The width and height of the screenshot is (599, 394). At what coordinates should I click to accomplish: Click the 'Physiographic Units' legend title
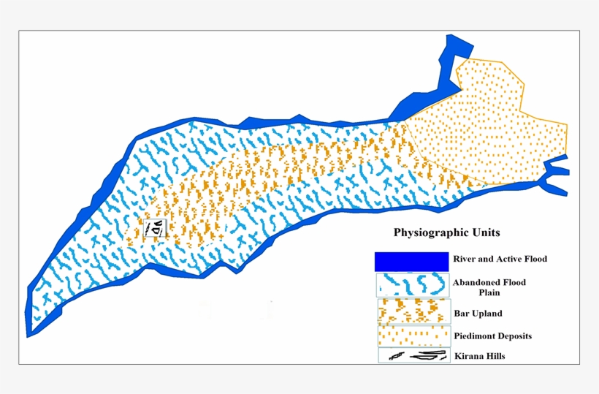coord(446,234)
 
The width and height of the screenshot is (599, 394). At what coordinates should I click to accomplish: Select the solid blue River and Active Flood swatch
coord(411,260)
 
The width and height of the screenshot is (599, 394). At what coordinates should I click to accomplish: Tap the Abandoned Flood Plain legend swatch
coord(411,284)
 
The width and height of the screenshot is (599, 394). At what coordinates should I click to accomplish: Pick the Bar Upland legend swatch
coord(414,311)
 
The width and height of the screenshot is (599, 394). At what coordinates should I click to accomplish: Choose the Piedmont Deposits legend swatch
coord(414,335)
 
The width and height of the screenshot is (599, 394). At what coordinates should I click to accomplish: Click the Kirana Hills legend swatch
coord(414,355)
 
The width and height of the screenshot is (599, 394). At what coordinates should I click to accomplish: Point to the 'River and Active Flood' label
coord(500,259)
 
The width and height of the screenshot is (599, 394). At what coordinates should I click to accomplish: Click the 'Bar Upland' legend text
coord(478,314)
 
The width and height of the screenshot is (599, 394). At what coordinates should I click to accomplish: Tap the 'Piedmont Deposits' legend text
coord(492,336)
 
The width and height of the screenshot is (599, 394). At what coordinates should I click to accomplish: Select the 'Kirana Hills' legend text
coord(479,356)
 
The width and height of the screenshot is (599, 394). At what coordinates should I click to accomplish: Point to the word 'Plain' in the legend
coord(490,292)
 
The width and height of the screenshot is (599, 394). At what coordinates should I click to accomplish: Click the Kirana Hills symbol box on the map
coord(156,229)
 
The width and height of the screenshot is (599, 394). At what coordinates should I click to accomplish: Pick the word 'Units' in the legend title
coord(484,234)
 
